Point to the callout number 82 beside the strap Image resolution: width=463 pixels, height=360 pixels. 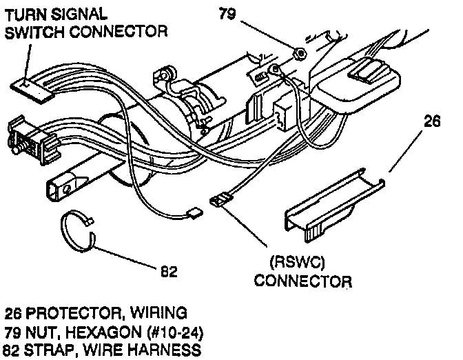pyautogui.click(x=169, y=270)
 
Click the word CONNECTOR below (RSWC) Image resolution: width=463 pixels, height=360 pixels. pyautogui.click(x=303, y=281)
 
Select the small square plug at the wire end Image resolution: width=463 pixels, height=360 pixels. pyautogui.click(x=194, y=213)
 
